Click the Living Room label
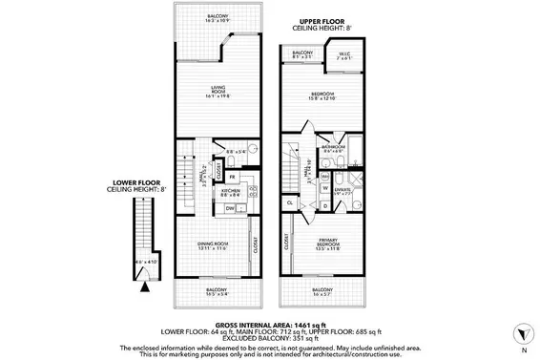click(x=218, y=92)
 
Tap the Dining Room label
click(x=215, y=245)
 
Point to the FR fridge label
click(x=232, y=177)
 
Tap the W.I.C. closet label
click(x=345, y=54)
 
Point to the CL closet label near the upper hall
click(x=289, y=202)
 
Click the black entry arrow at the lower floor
click(x=145, y=284)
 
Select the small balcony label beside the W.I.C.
click(x=302, y=54)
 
